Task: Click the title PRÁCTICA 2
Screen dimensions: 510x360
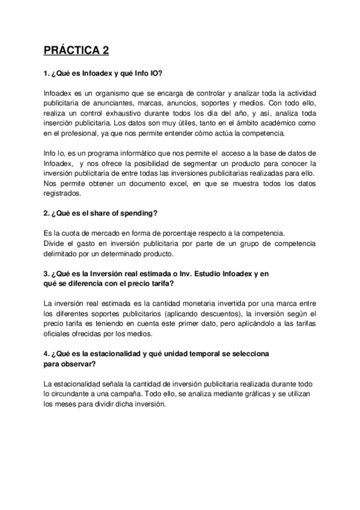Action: click(x=76, y=51)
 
